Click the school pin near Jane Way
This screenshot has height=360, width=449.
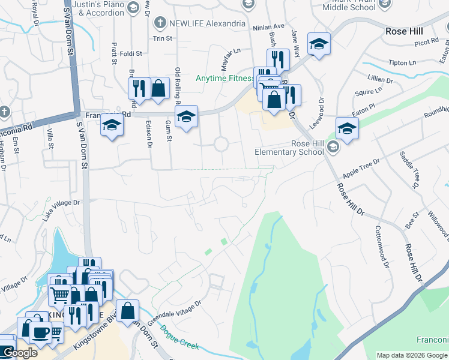coord(319,44)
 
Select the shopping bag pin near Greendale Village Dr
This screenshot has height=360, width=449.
coord(127,311)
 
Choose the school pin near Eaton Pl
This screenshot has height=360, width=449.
coord(347,128)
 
